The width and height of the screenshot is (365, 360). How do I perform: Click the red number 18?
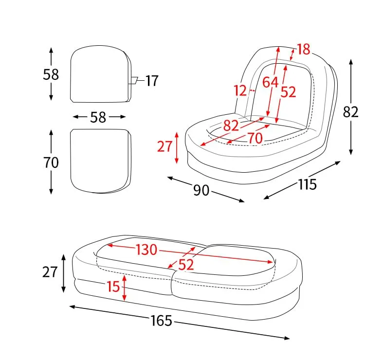pyautogui.click(x=304, y=49)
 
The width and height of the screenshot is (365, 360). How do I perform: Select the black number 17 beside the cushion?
pyautogui.click(x=152, y=81)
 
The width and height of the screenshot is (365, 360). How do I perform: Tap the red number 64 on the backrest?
pyautogui.click(x=270, y=82)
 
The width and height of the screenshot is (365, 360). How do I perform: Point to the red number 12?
pyautogui.click(x=240, y=90)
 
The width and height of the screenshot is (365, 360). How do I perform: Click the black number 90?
pyautogui.click(x=201, y=190)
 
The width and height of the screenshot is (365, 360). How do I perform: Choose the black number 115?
pyautogui.click(x=307, y=184)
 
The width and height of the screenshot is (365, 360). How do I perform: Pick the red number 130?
pyautogui.click(x=146, y=250)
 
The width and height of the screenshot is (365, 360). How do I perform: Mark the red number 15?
pyautogui.click(x=113, y=287)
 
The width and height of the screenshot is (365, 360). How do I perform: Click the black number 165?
pyautogui.click(x=161, y=321)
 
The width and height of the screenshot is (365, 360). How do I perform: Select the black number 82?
pyautogui.click(x=350, y=112)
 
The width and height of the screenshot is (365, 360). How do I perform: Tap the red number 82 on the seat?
pyautogui.click(x=231, y=126)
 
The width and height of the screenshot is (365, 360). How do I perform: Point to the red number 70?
pyautogui.click(x=255, y=138)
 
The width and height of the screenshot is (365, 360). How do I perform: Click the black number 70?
pyautogui.click(x=51, y=162)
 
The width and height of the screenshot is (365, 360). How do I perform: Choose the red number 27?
pyautogui.click(x=165, y=146)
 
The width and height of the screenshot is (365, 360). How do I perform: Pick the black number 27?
pyautogui.click(x=50, y=272)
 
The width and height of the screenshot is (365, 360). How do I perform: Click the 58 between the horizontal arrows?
pyautogui.click(x=98, y=117)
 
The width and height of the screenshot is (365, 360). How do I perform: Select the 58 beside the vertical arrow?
pyautogui.click(x=51, y=74)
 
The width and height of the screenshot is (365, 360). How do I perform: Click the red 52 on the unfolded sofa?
pyautogui.click(x=186, y=265)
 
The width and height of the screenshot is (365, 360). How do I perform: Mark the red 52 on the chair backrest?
pyautogui.click(x=288, y=91)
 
